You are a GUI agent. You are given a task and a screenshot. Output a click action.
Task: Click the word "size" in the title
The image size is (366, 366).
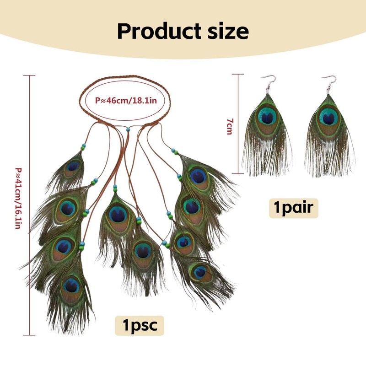click(x=228, y=31)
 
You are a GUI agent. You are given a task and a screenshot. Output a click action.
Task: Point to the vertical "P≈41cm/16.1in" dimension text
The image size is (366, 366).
click(x=18, y=198)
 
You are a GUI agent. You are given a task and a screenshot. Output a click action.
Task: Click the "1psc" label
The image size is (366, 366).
click(x=140, y=326)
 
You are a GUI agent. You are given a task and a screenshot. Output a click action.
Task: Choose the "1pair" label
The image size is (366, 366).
click(x=293, y=208)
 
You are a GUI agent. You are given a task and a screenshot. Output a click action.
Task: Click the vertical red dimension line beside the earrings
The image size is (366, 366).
click(x=238, y=124)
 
